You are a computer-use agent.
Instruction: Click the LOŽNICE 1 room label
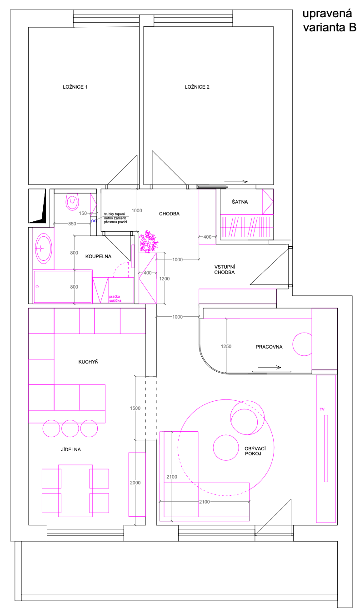[x=75, y=87]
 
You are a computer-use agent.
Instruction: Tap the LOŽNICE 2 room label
[x=197, y=87]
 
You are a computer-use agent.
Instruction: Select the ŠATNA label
[x=240, y=202]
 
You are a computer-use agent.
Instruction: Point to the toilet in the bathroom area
[x=72, y=202]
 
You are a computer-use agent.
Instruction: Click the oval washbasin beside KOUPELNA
[x=43, y=248]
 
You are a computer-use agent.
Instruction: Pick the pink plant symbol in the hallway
[x=148, y=241]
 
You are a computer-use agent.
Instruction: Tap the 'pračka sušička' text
[x=115, y=299]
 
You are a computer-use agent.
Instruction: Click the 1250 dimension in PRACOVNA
[x=226, y=346]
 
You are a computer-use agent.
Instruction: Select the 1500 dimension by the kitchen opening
[x=135, y=409]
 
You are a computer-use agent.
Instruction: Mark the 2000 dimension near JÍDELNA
[x=135, y=483]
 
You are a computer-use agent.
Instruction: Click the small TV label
[x=322, y=409]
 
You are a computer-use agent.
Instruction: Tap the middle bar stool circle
[x=70, y=428]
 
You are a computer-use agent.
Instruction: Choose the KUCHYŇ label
[x=89, y=362]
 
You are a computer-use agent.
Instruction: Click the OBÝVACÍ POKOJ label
[x=255, y=451]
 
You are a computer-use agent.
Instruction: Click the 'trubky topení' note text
[x=115, y=214]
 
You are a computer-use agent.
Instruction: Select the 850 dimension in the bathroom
[x=72, y=224]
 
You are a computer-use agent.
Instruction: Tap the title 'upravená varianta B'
[x=330, y=20]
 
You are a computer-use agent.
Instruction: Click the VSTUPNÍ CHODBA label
[x=225, y=269]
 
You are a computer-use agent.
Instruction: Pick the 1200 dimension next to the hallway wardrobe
[x=165, y=279]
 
